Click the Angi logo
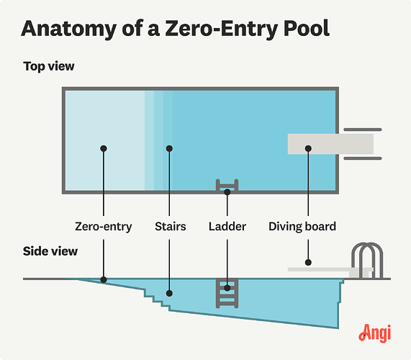pyautogui.click(x=375, y=333)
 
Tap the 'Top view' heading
pyautogui.click(x=49, y=66)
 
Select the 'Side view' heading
pyautogui.click(x=50, y=251)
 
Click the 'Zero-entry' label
pyautogui.click(x=103, y=227)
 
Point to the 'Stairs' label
pyautogui.click(x=171, y=227)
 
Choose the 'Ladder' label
pyautogui.click(x=227, y=227)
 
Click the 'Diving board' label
pyautogui.click(x=302, y=227)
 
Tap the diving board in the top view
pyautogui.click(x=330, y=144)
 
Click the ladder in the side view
pyautogui.click(x=227, y=293)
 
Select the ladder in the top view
pyautogui.click(x=227, y=185)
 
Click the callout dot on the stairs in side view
pyautogui.click(x=169, y=293)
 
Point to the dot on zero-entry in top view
pyautogui.click(x=104, y=148)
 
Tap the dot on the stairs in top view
pyautogui.click(x=169, y=148)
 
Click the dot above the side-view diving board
pyautogui.click(x=308, y=262)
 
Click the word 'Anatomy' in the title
pyautogui.click(x=69, y=30)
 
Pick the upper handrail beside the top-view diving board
pyautogui.click(x=363, y=130)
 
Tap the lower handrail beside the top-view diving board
pyautogui.click(x=363, y=158)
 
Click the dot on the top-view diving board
pyautogui.click(x=308, y=148)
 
